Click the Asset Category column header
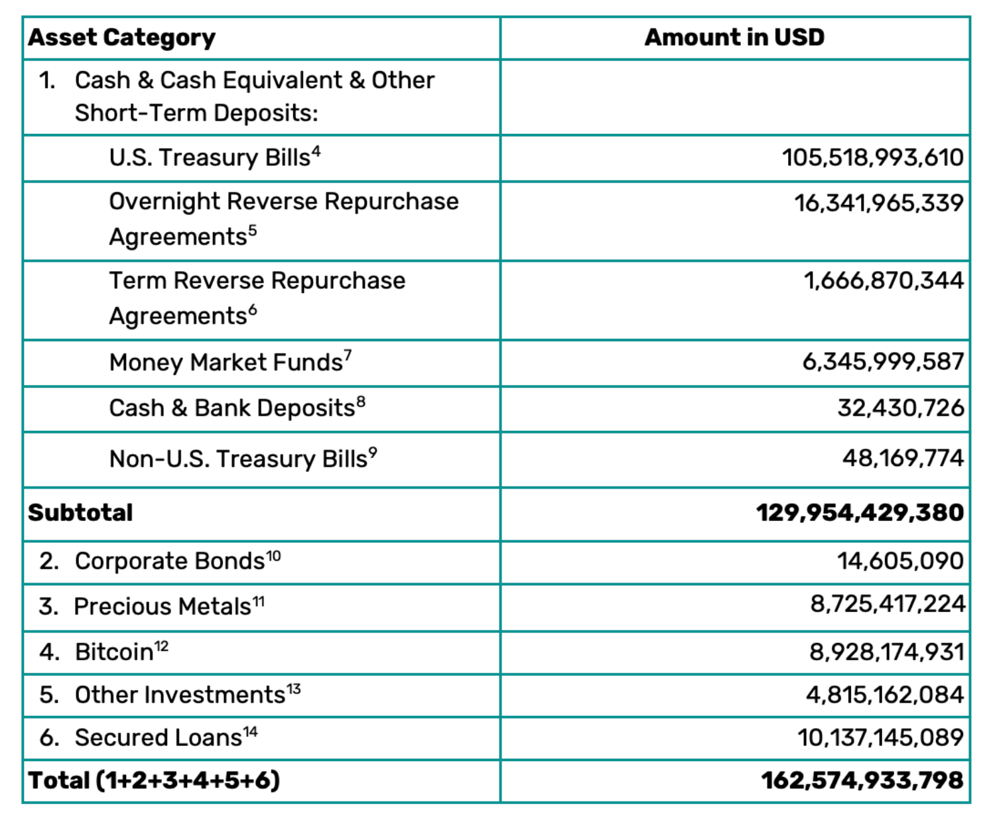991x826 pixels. [x=122, y=38]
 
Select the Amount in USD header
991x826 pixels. [x=734, y=37]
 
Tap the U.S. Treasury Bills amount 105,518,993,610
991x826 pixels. [x=872, y=158]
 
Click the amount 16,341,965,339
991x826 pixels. [x=878, y=203]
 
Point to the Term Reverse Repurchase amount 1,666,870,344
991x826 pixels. [x=884, y=281]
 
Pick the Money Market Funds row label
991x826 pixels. [x=226, y=363]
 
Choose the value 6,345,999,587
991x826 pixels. [x=883, y=362]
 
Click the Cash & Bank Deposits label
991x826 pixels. [x=232, y=408]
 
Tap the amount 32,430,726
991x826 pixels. [x=900, y=408]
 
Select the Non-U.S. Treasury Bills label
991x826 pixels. [x=238, y=459]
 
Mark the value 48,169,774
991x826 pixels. [x=903, y=458]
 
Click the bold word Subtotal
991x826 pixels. [x=80, y=512]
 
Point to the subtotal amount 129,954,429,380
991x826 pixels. [x=860, y=512]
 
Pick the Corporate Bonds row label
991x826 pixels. [x=170, y=561]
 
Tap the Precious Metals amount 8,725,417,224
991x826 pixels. [x=887, y=604]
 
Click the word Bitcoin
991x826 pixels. [x=114, y=652]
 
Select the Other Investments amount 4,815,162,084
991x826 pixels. [x=884, y=695]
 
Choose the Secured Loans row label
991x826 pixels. [x=159, y=738]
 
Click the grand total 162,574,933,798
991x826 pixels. [x=862, y=780]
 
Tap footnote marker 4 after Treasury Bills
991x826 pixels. [x=316, y=152]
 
